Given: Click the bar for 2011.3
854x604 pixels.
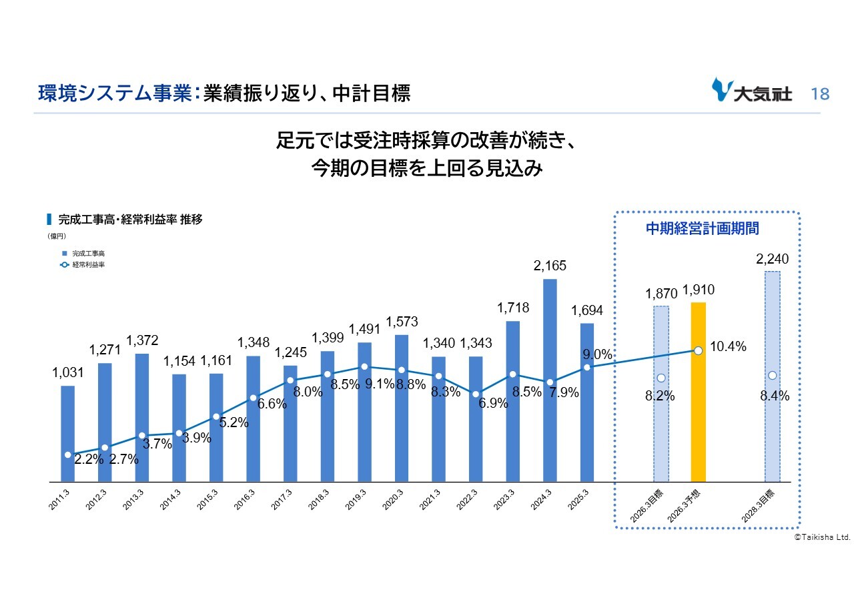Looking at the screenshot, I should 67,434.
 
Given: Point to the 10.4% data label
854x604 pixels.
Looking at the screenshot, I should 729,347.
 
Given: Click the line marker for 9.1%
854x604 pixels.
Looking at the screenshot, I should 364,367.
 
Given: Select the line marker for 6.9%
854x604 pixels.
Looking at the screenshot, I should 476,394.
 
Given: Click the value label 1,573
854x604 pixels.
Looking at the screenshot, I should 402,322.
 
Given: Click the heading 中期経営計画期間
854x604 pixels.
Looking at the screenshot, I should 703,228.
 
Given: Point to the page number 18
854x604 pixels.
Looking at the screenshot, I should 820,94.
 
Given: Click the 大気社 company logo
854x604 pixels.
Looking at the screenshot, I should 752,91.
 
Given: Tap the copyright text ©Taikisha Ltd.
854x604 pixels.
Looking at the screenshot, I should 822,537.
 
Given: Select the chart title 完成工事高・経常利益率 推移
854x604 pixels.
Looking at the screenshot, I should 129,220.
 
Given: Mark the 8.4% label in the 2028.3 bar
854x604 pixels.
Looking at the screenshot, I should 775,396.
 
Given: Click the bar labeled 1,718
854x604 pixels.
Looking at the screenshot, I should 513,400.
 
